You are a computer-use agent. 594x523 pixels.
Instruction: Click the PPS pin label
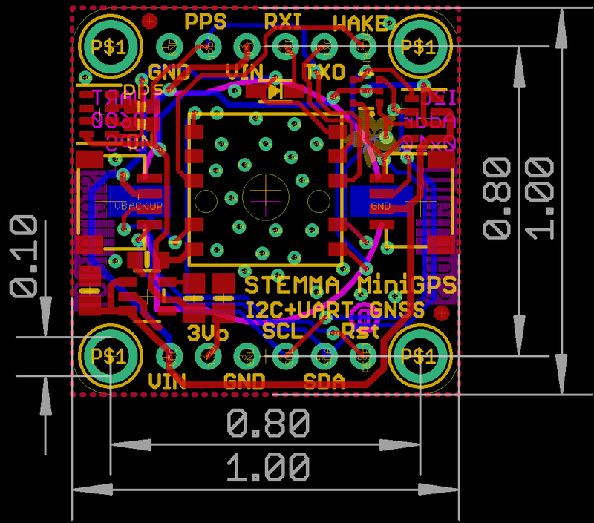pyautogui.click(x=205, y=21)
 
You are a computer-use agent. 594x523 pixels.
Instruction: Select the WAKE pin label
pyautogui.click(x=360, y=22)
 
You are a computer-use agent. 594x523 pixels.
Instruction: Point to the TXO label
pyautogui.click(x=325, y=72)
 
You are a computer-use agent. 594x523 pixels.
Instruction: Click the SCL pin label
pyautogui.click(x=283, y=330)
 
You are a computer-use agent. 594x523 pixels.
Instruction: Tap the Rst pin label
pyautogui.click(x=361, y=330)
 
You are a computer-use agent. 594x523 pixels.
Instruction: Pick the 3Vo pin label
pyautogui.click(x=208, y=331)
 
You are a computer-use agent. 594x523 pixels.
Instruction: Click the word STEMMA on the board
pyautogui.click(x=293, y=285)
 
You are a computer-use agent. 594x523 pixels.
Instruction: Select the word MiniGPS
pyautogui.click(x=407, y=285)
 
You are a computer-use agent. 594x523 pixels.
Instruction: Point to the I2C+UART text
pyautogui.click(x=302, y=308)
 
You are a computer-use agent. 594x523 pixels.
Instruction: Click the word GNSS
pyautogui.click(x=397, y=308)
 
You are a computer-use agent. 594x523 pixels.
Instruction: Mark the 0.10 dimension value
pyautogui.click(x=24, y=256)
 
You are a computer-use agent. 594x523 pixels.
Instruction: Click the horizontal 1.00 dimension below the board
pyautogui.click(x=267, y=470)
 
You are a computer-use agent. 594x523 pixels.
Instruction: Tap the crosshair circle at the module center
pyautogui.click(x=265, y=196)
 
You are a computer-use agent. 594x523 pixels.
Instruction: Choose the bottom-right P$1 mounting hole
pyautogui.click(x=421, y=356)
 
